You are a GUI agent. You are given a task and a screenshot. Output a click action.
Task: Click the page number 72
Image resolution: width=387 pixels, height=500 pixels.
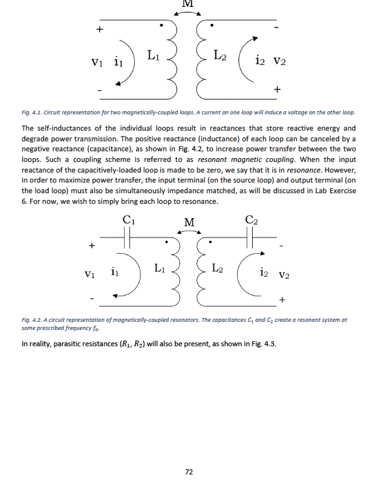[x=189, y=472]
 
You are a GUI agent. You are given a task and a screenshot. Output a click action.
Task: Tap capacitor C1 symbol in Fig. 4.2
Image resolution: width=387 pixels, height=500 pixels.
[x=127, y=237]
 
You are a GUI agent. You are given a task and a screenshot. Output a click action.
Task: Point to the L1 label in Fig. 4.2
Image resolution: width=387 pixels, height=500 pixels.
[x=160, y=269]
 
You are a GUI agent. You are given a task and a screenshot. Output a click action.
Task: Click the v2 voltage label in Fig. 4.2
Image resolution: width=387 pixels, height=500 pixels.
[x=285, y=274]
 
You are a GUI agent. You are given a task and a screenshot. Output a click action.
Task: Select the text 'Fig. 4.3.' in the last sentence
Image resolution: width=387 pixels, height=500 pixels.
[x=262, y=344]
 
